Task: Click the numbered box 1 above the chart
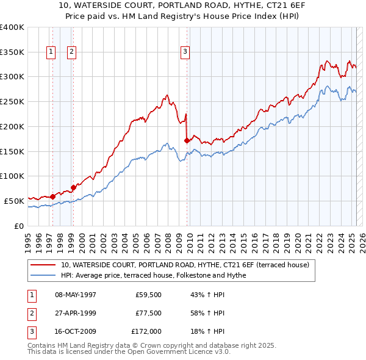click(x=51, y=52)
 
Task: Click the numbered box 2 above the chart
click(x=72, y=52)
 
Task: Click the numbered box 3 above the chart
click(x=184, y=52)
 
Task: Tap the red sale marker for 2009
click(x=187, y=140)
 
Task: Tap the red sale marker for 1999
click(x=73, y=187)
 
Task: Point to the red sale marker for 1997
click(x=52, y=196)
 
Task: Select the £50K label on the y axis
click(x=14, y=201)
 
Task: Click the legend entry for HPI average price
click(x=153, y=276)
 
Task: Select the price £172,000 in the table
click(x=147, y=331)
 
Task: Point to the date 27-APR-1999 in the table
click(x=76, y=314)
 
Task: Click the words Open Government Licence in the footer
click(x=171, y=352)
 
